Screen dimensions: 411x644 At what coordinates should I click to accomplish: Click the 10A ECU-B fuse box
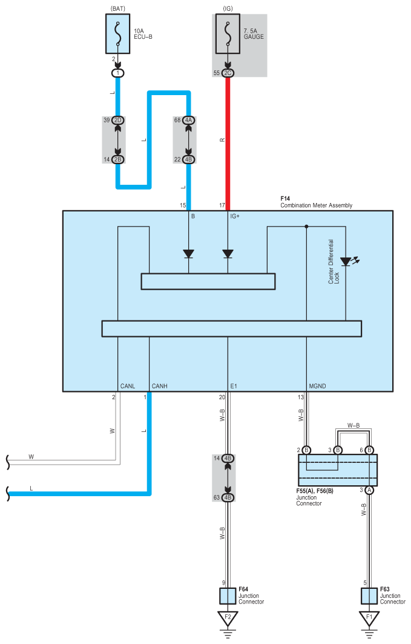tap(117, 34)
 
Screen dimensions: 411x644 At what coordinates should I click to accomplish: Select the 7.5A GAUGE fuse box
tap(228, 34)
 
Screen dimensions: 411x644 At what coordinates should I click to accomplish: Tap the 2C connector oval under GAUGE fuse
tap(228, 73)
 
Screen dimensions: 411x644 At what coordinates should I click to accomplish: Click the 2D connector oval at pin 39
tap(117, 121)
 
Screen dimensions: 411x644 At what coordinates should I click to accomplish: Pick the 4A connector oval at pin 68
tap(188, 121)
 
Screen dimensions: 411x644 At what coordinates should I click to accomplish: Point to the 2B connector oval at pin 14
tap(117, 159)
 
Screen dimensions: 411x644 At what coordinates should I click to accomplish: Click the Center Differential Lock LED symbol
tap(349, 261)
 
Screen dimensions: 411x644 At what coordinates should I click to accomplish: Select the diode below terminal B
tap(188, 254)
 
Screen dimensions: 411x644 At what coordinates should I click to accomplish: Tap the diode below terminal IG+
tap(228, 254)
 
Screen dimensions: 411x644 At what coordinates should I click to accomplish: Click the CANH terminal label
tap(160, 386)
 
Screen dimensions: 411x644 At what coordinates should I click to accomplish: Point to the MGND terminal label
tap(317, 386)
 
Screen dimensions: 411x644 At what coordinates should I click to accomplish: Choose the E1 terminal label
tap(234, 386)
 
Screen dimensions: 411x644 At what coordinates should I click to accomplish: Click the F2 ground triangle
tap(228, 618)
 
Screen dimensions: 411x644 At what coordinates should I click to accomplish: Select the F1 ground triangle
tap(369, 618)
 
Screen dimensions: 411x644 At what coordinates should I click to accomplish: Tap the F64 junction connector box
tap(228, 596)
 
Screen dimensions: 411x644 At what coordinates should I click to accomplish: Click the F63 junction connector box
tap(369, 596)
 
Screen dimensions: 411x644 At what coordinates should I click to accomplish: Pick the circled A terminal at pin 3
tap(369, 490)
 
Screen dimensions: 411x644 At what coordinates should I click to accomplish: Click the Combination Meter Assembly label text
tap(316, 205)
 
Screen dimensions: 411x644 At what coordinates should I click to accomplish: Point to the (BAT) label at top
tap(118, 8)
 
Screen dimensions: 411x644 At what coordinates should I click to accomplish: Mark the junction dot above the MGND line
tap(306, 227)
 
